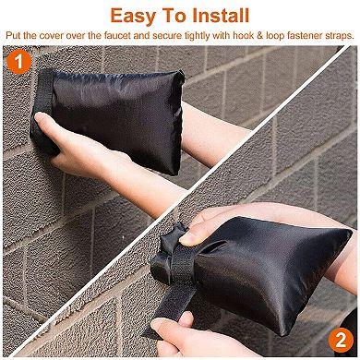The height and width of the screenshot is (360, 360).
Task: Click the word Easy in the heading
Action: (x=137, y=16)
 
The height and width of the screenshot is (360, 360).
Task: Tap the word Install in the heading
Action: (x=216, y=16)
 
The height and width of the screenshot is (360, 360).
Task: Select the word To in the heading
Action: (x=173, y=16)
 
